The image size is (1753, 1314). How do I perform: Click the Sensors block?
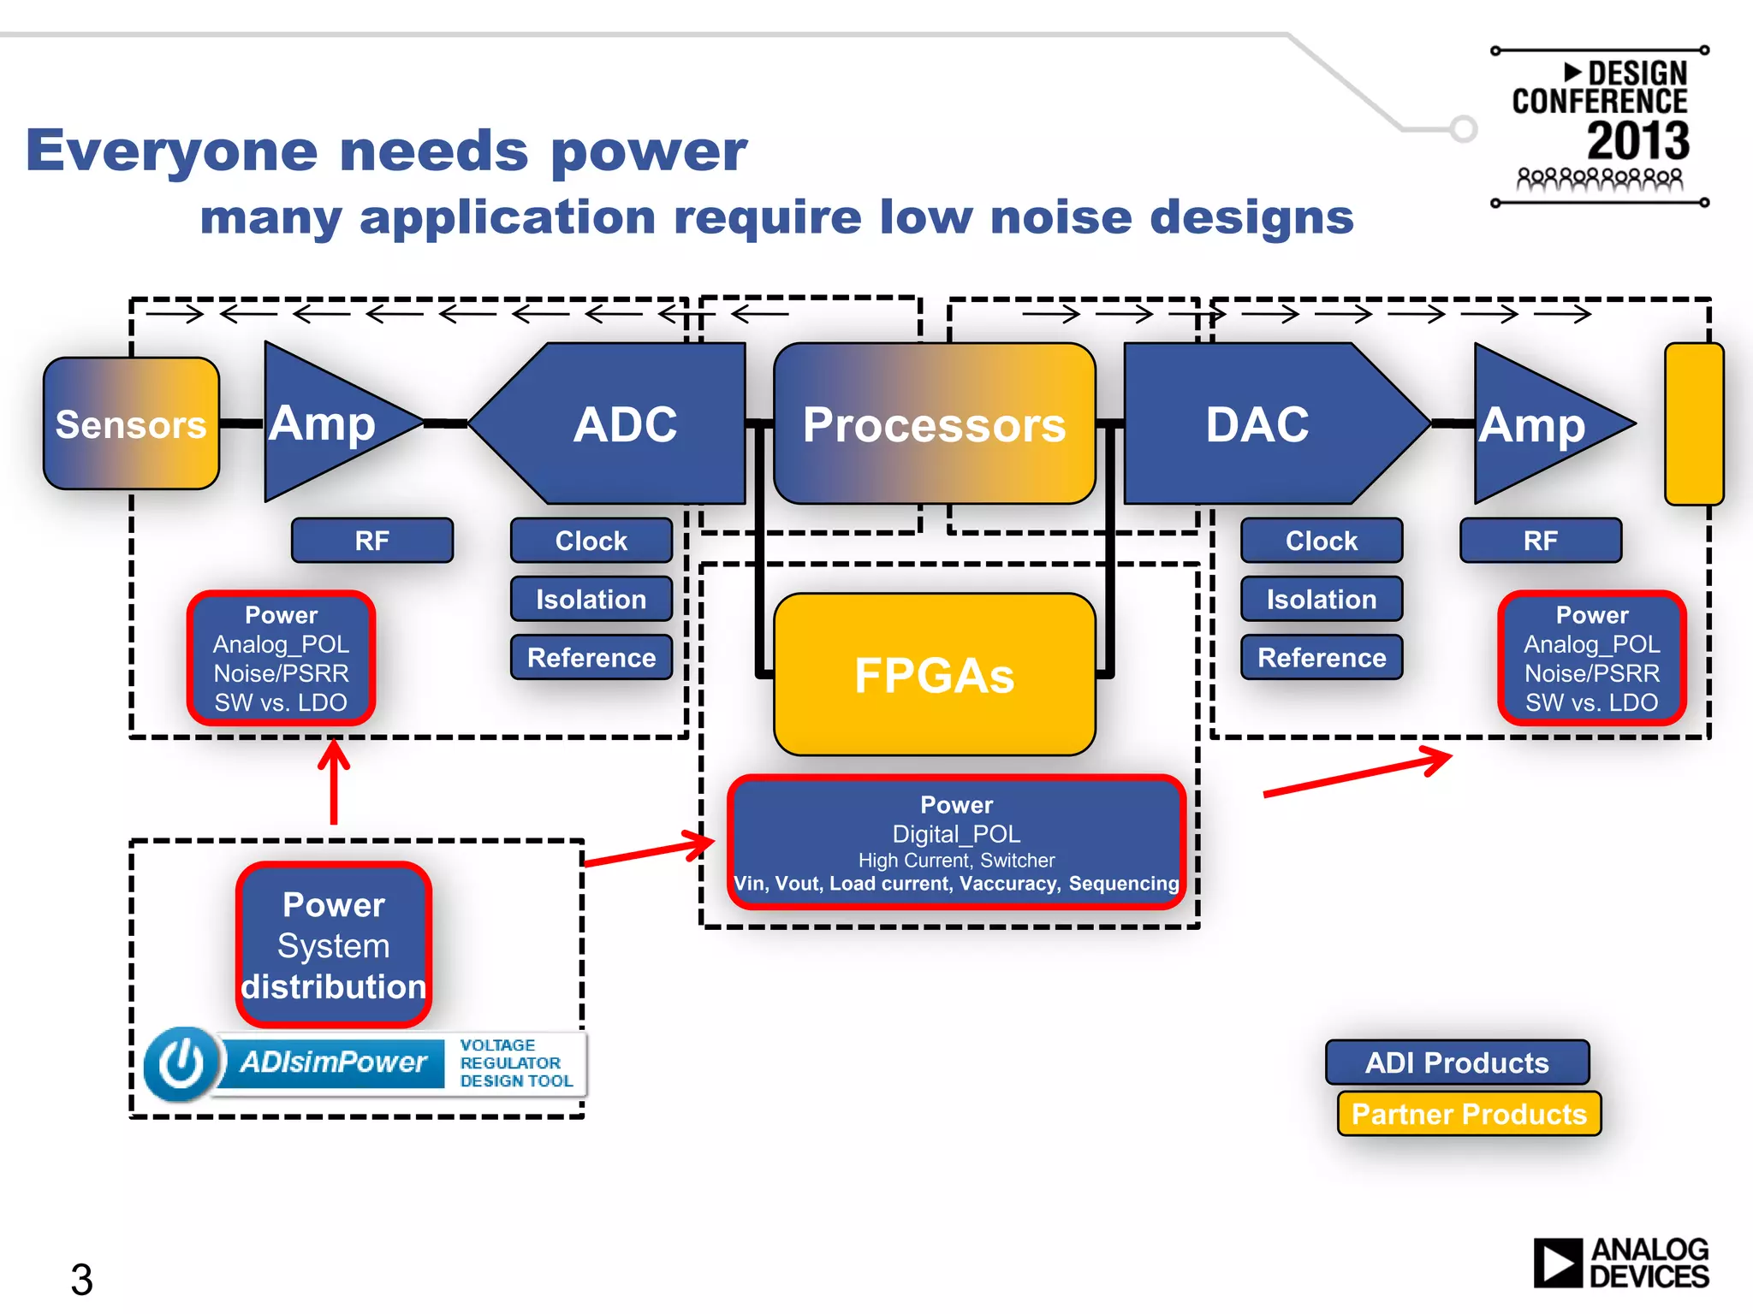coord(131,423)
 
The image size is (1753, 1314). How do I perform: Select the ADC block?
coord(624,423)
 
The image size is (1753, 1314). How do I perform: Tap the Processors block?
coord(934,423)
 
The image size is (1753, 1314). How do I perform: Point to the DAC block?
coord(1257,423)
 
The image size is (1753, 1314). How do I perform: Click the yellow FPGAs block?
coord(934,674)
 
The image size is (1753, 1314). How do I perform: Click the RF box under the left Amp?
coord(371,540)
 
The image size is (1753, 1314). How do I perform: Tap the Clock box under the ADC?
coord(591,540)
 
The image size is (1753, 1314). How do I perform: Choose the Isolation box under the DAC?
coord(1321,599)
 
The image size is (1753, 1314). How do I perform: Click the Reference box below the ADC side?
coord(591,657)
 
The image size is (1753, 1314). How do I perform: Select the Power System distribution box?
coord(333,944)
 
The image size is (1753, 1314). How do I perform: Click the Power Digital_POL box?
coord(956,843)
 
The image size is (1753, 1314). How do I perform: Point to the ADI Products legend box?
coord(1457,1062)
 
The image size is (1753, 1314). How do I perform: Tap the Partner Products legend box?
coord(1469,1113)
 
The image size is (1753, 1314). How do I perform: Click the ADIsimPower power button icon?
coord(181,1063)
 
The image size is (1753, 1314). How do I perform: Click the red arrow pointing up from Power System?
coord(334,783)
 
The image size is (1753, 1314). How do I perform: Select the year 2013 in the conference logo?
coord(1637,141)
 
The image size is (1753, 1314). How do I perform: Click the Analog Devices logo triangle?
coord(1557,1263)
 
